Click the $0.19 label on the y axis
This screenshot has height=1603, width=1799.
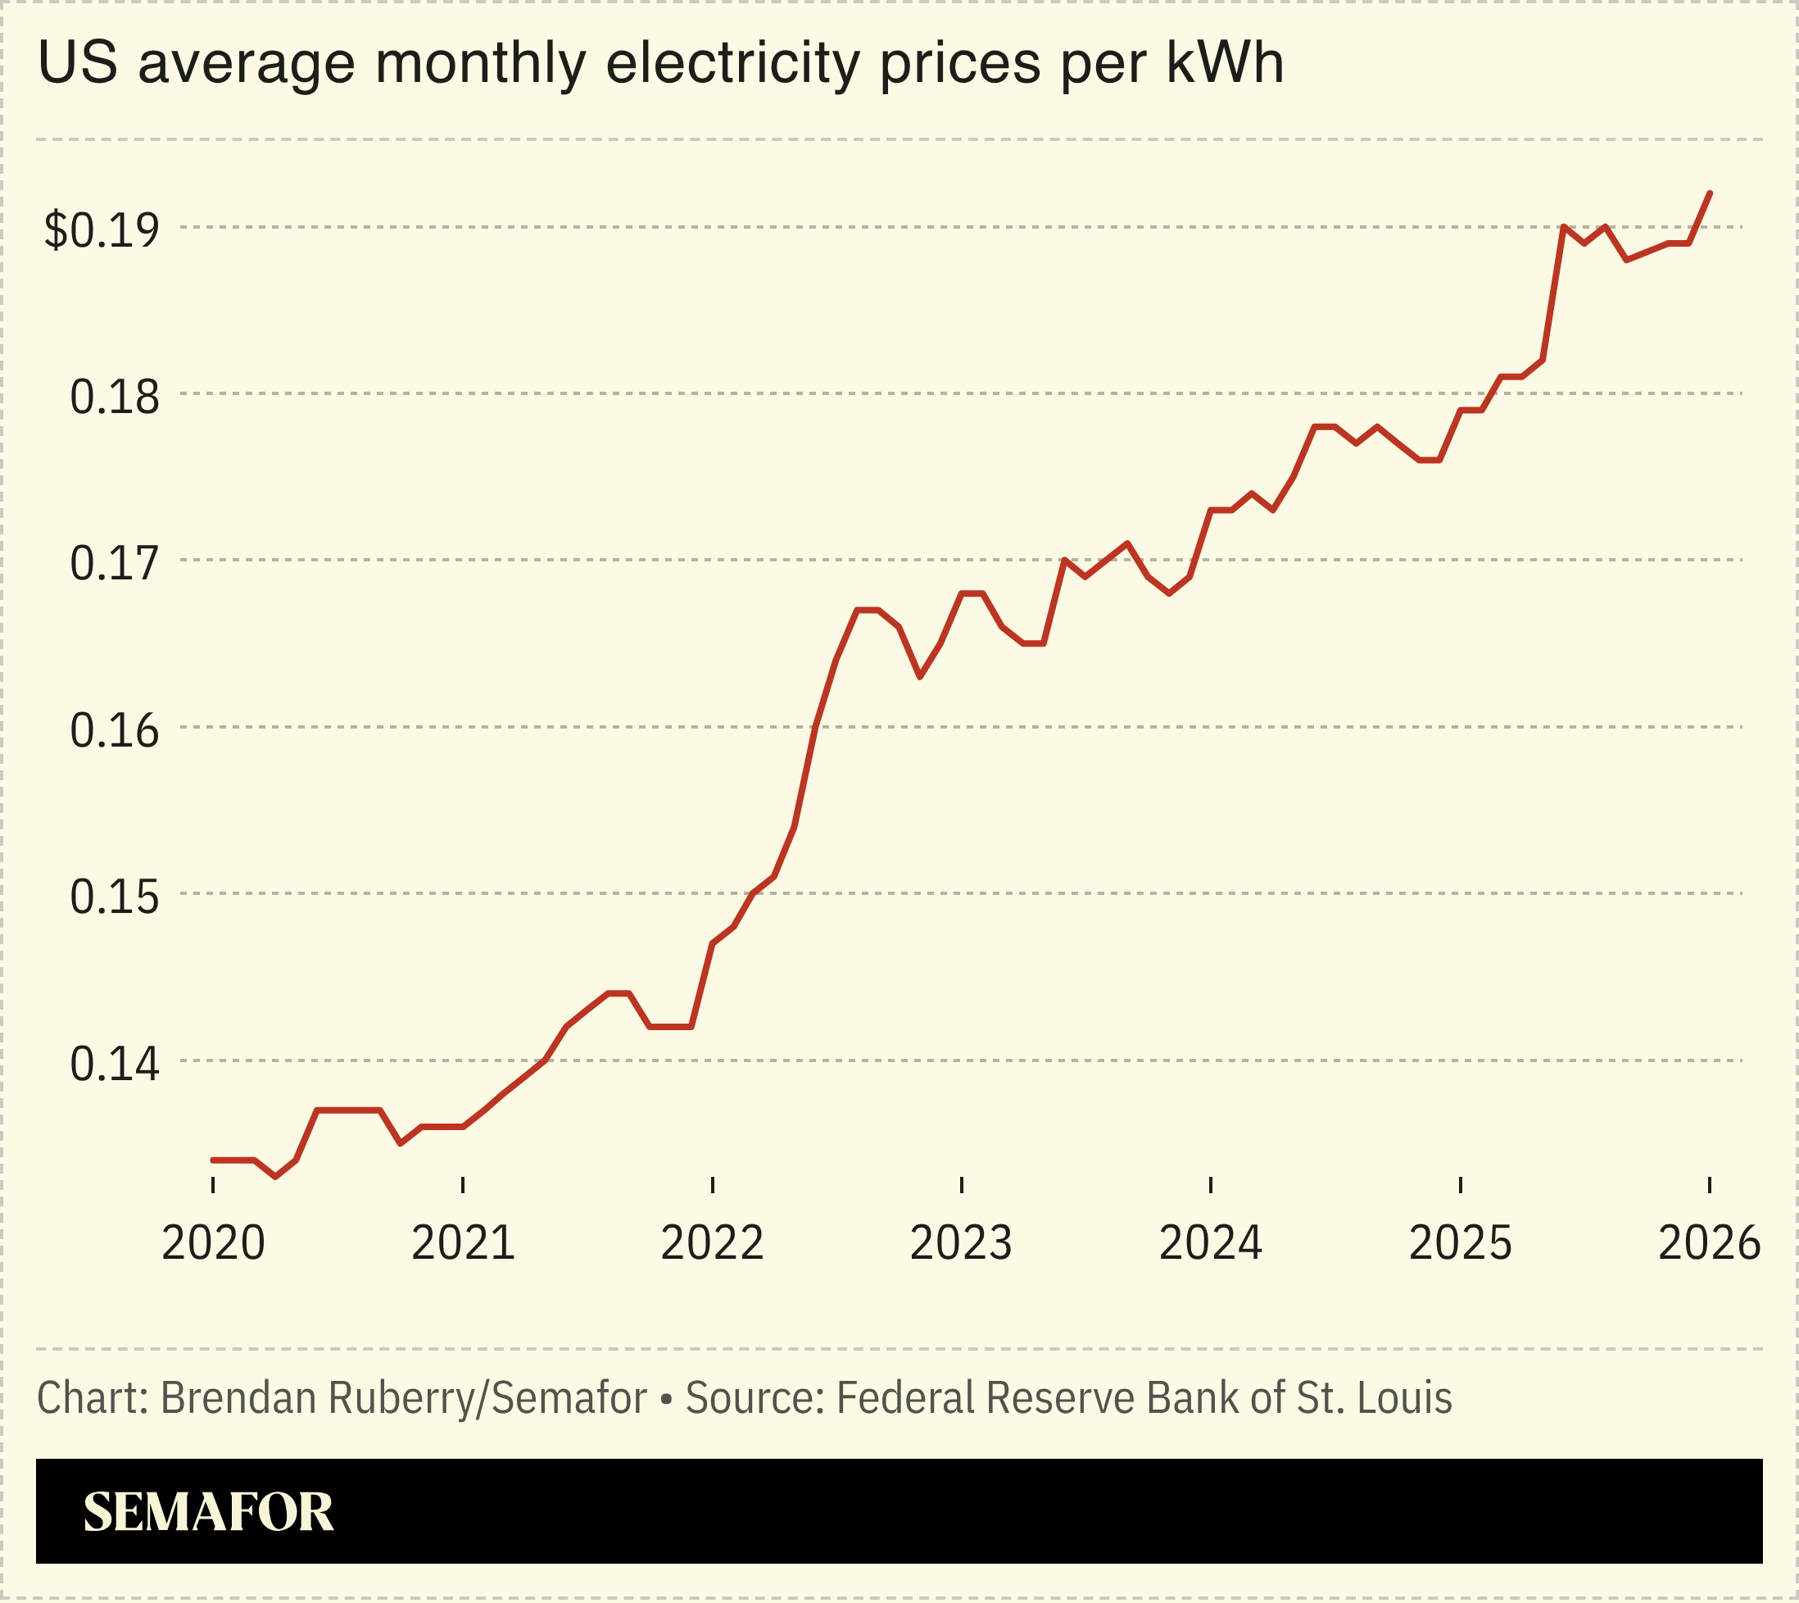coord(102,231)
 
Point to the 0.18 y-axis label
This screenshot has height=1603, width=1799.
coord(115,397)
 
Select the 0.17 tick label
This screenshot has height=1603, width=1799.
coord(115,564)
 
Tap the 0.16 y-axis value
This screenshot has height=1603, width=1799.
coord(115,731)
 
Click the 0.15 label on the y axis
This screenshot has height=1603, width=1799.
coord(115,897)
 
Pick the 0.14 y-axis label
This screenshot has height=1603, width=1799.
coord(115,1064)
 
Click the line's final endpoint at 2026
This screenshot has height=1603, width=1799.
coord(1709,193)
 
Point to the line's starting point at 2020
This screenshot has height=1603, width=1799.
coord(213,1160)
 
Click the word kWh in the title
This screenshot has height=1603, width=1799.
coord(1225,63)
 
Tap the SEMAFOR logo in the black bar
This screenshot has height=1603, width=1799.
coord(209,1512)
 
